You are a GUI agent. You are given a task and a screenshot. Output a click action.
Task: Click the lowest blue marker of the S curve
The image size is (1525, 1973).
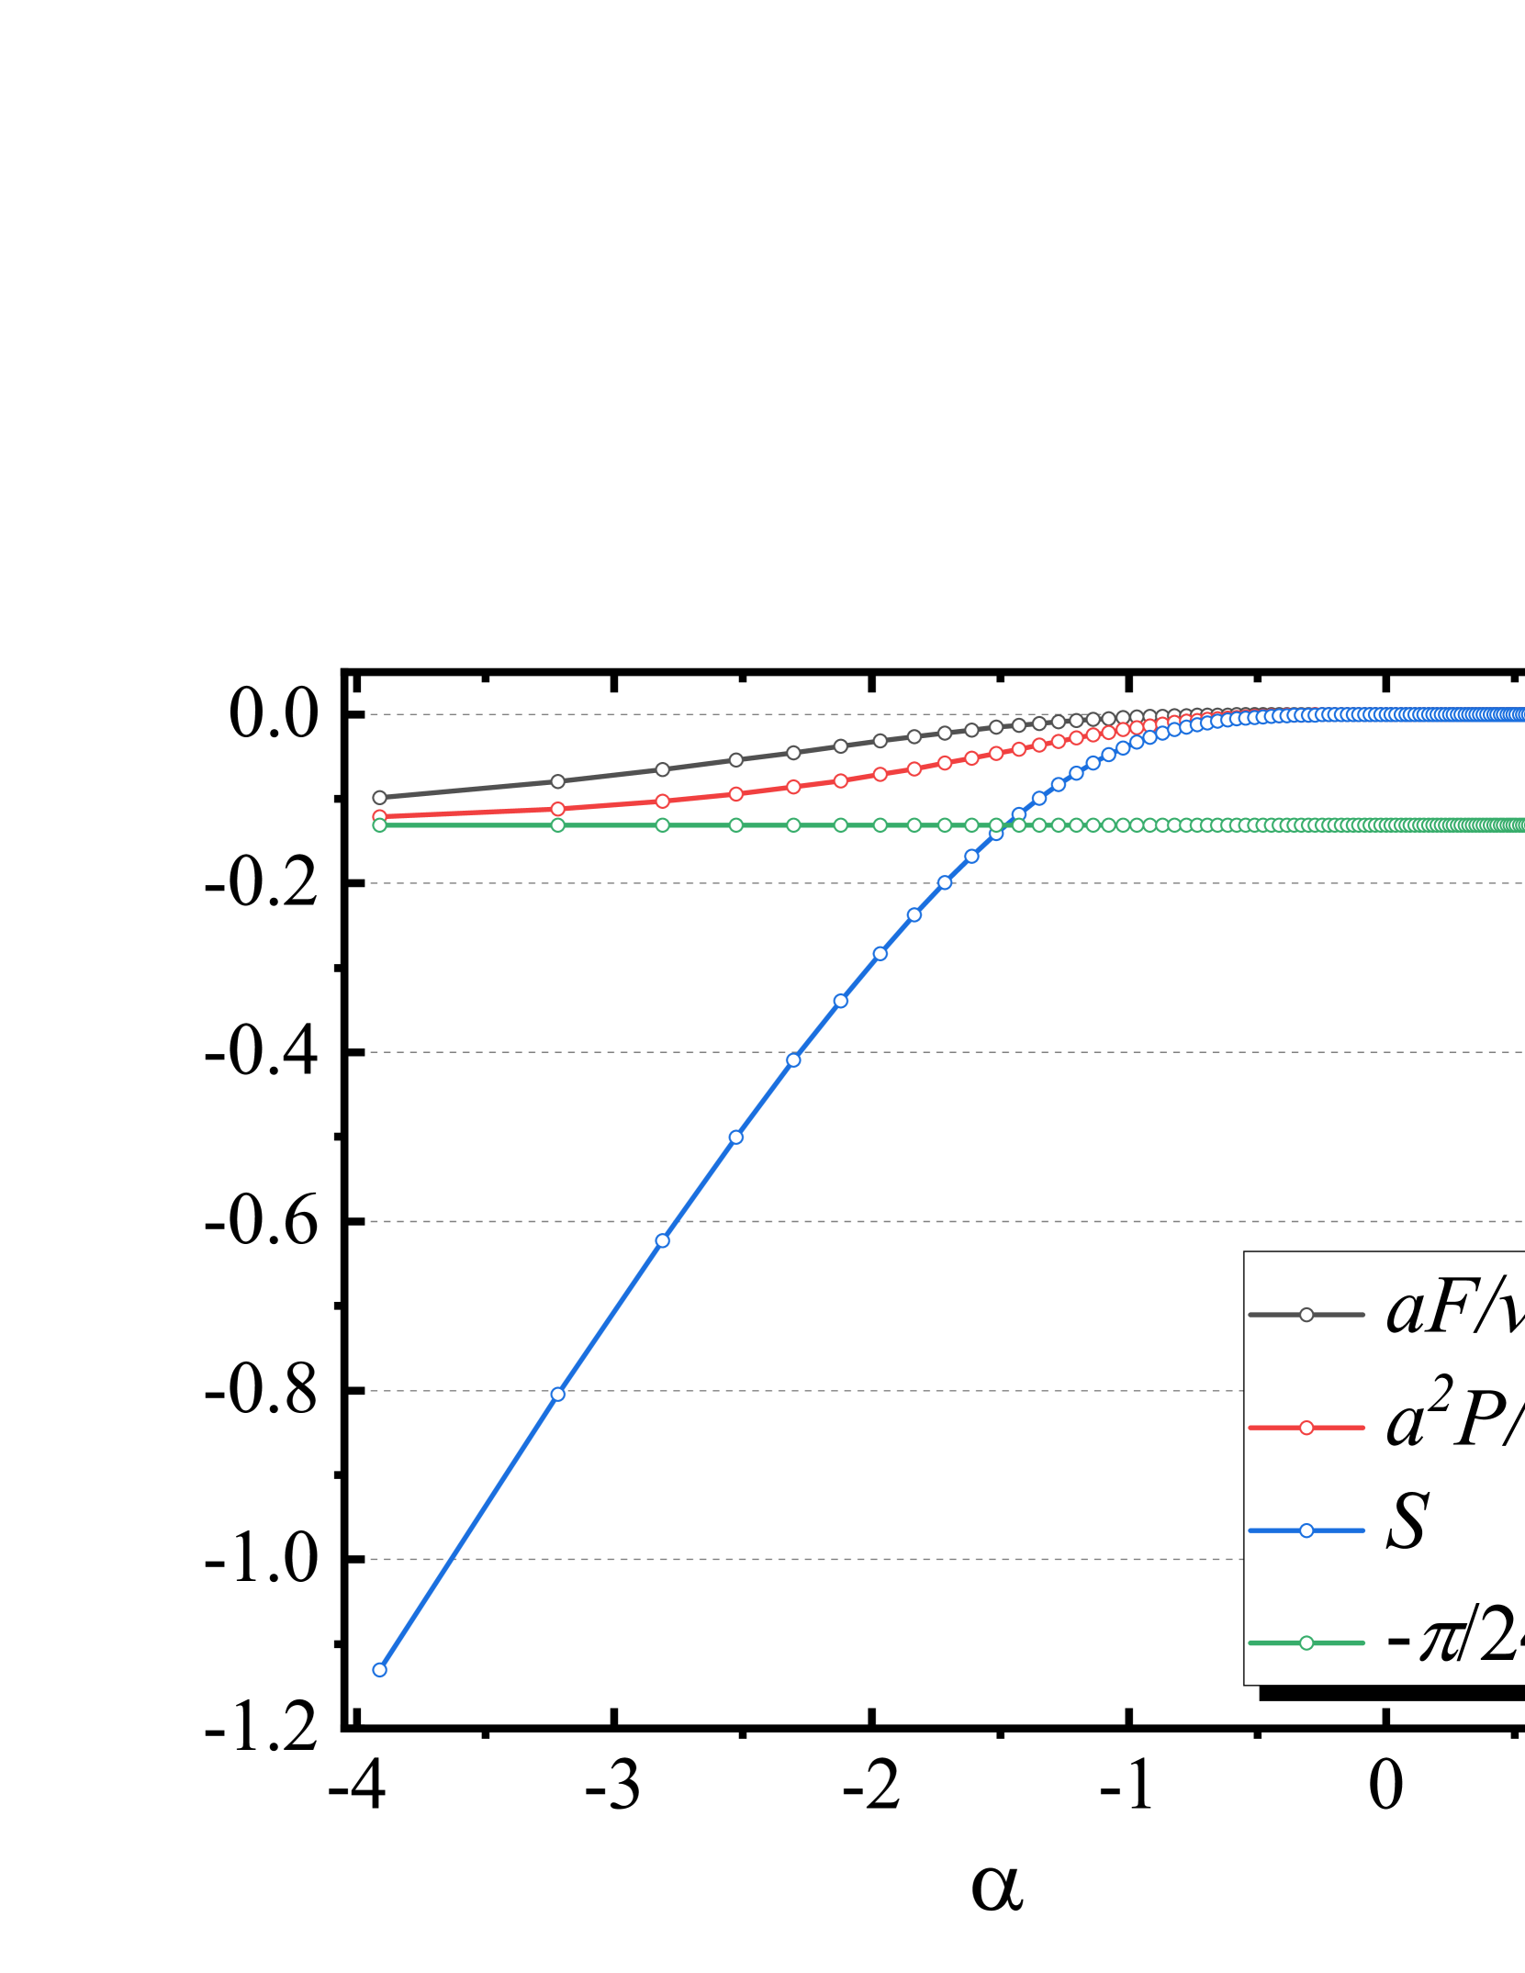(379, 1670)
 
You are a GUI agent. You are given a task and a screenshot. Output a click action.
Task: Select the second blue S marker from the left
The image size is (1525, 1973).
(557, 1394)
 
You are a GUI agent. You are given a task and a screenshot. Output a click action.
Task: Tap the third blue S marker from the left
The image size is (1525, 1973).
(662, 1240)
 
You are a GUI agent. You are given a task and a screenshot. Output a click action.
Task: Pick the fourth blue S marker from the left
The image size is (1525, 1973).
(735, 1137)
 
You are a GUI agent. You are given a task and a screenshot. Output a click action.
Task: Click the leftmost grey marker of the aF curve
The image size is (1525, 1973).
(379, 797)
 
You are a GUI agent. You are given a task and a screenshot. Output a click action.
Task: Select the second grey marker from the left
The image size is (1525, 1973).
(557, 781)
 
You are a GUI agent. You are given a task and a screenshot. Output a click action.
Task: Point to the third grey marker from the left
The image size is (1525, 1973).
(662, 769)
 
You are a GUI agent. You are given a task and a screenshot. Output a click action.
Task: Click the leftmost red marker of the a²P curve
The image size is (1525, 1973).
(379, 815)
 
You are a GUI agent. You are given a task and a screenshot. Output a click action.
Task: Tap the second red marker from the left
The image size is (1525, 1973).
(557, 809)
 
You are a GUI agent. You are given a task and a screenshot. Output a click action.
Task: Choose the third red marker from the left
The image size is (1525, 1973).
(662, 801)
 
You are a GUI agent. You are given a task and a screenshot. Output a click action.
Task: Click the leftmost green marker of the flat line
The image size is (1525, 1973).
(379, 825)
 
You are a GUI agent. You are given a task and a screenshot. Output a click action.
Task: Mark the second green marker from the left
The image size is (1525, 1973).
(557, 825)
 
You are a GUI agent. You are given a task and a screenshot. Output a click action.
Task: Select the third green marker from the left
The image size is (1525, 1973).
(662, 825)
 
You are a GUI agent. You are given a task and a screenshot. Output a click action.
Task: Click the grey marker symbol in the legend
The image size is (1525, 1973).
(1306, 1315)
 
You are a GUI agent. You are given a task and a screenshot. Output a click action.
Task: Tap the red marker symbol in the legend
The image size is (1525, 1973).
(1306, 1428)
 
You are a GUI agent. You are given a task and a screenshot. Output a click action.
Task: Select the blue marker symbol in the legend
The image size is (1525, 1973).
(1306, 1530)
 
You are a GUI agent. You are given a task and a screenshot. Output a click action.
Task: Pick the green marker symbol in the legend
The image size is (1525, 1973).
(1306, 1642)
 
